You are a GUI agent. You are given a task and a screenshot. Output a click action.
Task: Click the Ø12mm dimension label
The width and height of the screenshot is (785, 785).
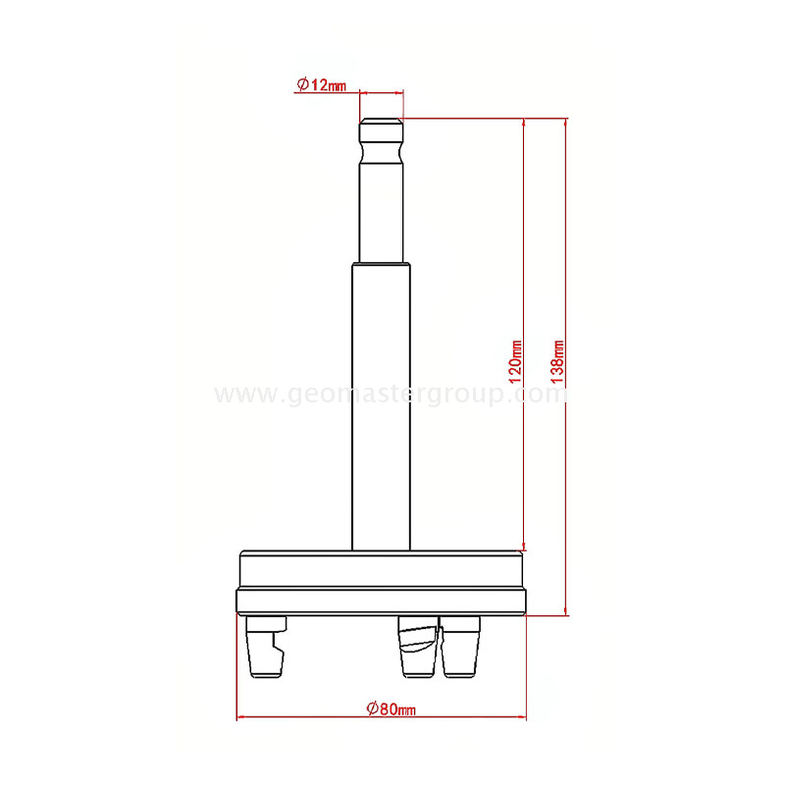[322, 84]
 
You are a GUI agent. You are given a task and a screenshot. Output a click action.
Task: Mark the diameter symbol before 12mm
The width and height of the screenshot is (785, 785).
[302, 84]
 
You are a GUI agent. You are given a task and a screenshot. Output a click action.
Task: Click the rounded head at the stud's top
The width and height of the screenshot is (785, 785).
[381, 130]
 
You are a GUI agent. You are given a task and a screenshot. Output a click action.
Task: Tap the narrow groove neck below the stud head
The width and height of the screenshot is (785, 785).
[381, 153]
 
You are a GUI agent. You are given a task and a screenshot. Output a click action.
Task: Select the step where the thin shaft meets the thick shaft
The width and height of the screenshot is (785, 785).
[381, 263]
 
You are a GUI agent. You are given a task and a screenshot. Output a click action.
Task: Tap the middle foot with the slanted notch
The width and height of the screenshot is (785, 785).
[416, 648]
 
